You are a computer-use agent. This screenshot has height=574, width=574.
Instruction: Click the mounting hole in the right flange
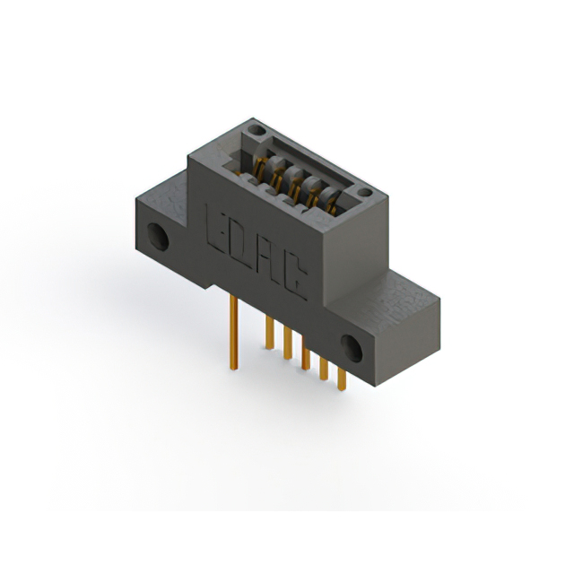[x=352, y=347]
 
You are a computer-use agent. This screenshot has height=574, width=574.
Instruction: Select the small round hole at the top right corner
[x=363, y=192]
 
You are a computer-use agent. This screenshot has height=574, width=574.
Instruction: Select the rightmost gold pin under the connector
[x=342, y=378]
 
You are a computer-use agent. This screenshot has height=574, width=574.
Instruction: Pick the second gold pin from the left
[x=268, y=334]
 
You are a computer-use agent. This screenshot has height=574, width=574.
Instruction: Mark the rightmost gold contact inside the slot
[x=333, y=205]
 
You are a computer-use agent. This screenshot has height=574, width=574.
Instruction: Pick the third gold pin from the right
[x=306, y=358]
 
